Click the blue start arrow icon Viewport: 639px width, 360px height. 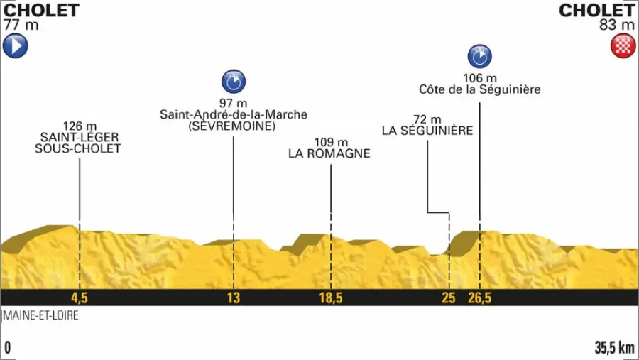(x=15, y=47)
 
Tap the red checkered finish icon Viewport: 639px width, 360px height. (x=622, y=47)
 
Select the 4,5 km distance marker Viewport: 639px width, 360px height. (x=79, y=298)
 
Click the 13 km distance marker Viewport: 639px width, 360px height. (x=234, y=298)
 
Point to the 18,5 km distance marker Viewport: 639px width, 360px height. (x=330, y=298)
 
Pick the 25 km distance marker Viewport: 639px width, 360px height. (x=448, y=298)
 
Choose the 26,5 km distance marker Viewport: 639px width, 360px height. (x=479, y=298)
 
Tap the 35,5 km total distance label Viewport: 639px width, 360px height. (x=614, y=348)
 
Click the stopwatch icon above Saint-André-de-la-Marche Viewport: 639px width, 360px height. (x=233, y=82)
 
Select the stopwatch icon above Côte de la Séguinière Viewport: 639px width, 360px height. (x=479, y=56)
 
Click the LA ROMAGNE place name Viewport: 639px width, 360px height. (x=329, y=153)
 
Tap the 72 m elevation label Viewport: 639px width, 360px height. (x=427, y=119)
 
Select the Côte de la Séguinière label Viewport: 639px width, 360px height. (x=479, y=90)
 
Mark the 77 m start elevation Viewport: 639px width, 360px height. (x=21, y=26)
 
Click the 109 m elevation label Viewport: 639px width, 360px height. (x=329, y=141)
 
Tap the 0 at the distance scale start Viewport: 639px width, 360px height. (x=8, y=348)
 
